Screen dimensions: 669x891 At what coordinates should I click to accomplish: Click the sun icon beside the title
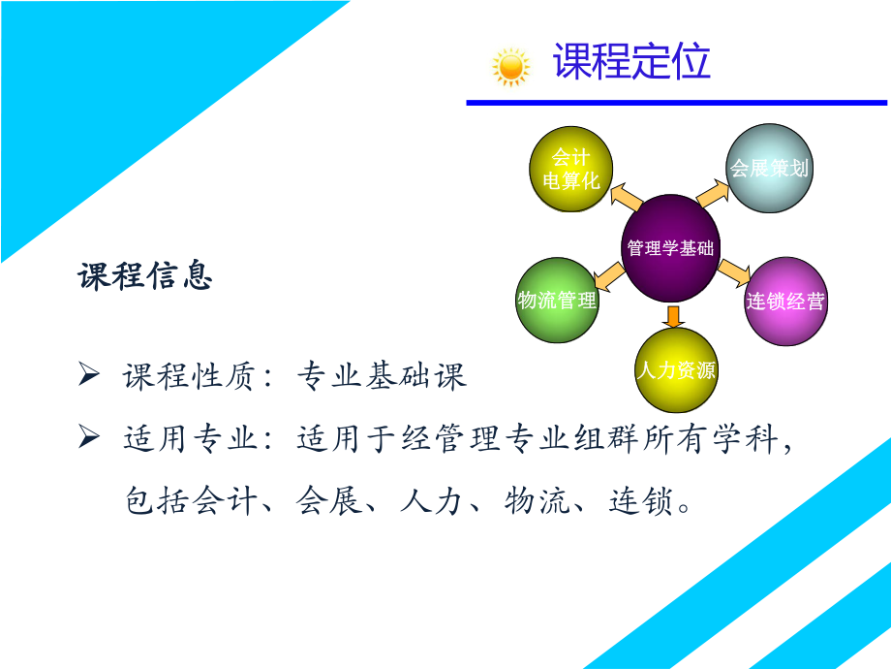[x=510, y=67]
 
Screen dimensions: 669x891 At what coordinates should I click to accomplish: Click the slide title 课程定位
[x=631, y=61]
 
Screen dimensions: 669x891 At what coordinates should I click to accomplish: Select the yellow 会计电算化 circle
[x=571, y=170]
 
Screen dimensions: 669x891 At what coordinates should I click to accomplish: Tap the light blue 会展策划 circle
[x=769, y=168]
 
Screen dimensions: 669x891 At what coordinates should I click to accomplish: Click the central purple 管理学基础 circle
[x=670, y=247]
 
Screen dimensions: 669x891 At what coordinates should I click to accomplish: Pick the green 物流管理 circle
[x=557, y=301]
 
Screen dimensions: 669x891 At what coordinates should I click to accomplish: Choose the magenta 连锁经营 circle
[x=784, y=301]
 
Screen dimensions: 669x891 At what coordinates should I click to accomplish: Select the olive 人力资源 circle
[x=676, y=370]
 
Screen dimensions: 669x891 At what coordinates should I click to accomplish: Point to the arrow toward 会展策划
[x=715, y=192]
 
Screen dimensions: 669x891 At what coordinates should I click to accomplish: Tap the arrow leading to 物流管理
[x=608, y=281]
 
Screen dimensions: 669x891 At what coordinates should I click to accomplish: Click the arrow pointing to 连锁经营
[x=735, y=271]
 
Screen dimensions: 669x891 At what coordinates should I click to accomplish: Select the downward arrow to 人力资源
[x=674, y=316]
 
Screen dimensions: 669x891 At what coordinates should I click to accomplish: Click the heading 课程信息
[x=145, y=277]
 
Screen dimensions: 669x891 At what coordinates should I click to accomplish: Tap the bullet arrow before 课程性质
[x=88, y=375]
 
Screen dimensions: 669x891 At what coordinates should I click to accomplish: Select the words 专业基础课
[x=382, y=376]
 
